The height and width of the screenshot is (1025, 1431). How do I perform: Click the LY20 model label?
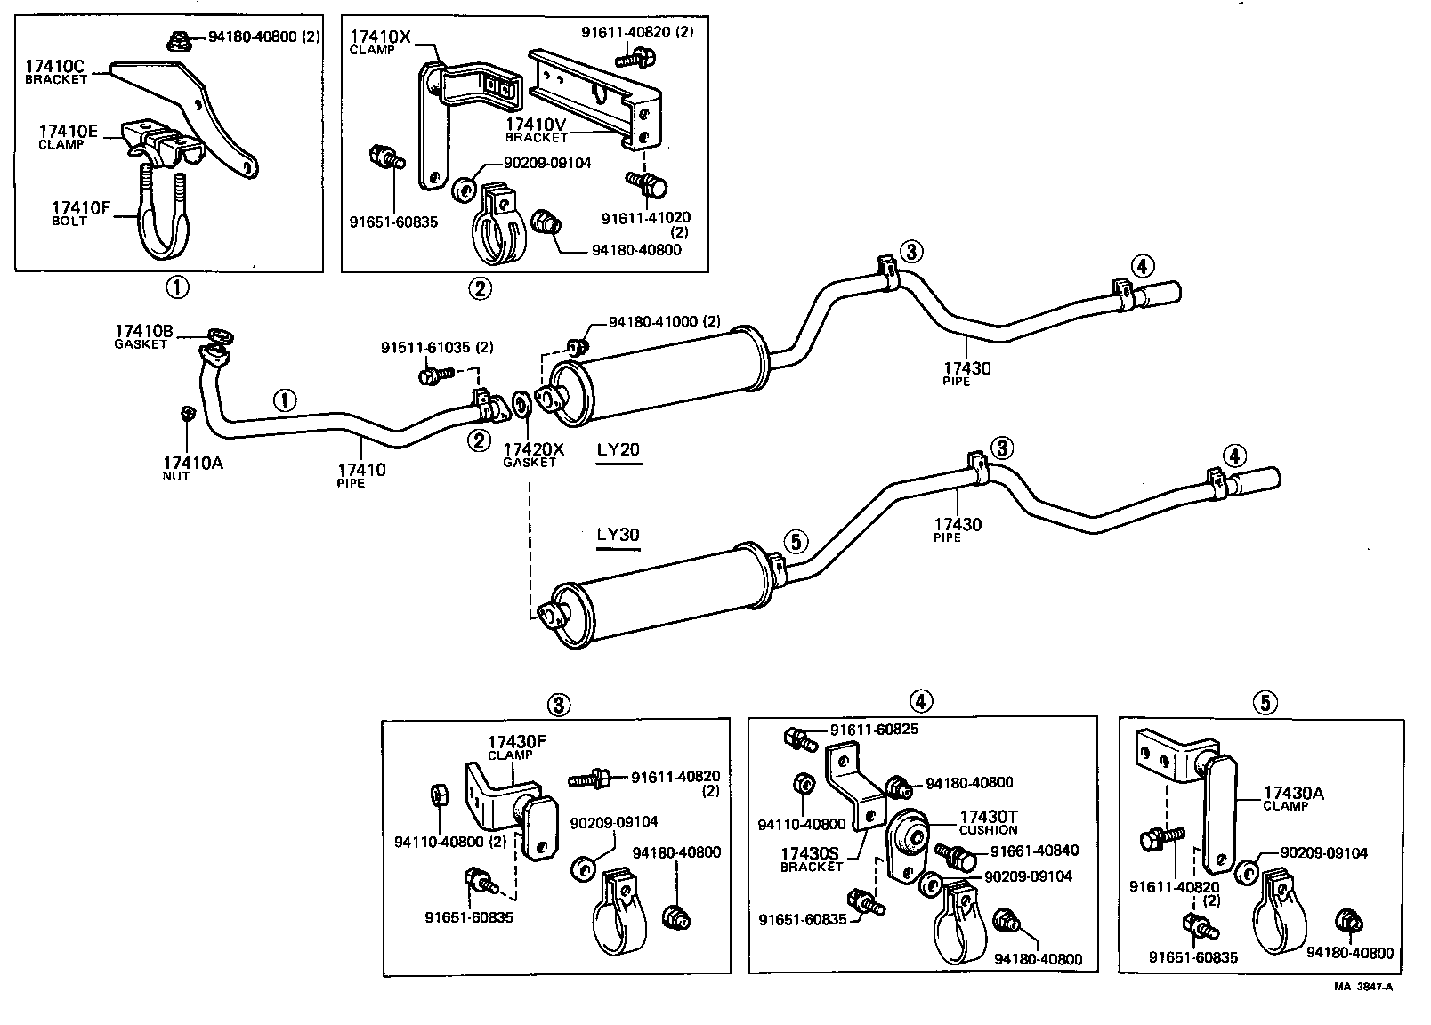click(618, 449)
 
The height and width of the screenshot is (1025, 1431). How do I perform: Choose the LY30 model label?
click(618, 535)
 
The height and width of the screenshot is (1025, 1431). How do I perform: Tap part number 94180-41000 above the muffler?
click(664, 322)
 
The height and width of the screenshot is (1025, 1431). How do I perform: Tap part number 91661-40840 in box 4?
click(1034, 850)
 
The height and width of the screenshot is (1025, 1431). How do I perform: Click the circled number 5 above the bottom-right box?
click(1264, 703)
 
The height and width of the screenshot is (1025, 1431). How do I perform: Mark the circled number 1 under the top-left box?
click(176, 287)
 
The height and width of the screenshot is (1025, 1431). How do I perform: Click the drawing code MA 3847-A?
click(1362, 987)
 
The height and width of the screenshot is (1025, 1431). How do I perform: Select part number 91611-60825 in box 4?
click(874, 730)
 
